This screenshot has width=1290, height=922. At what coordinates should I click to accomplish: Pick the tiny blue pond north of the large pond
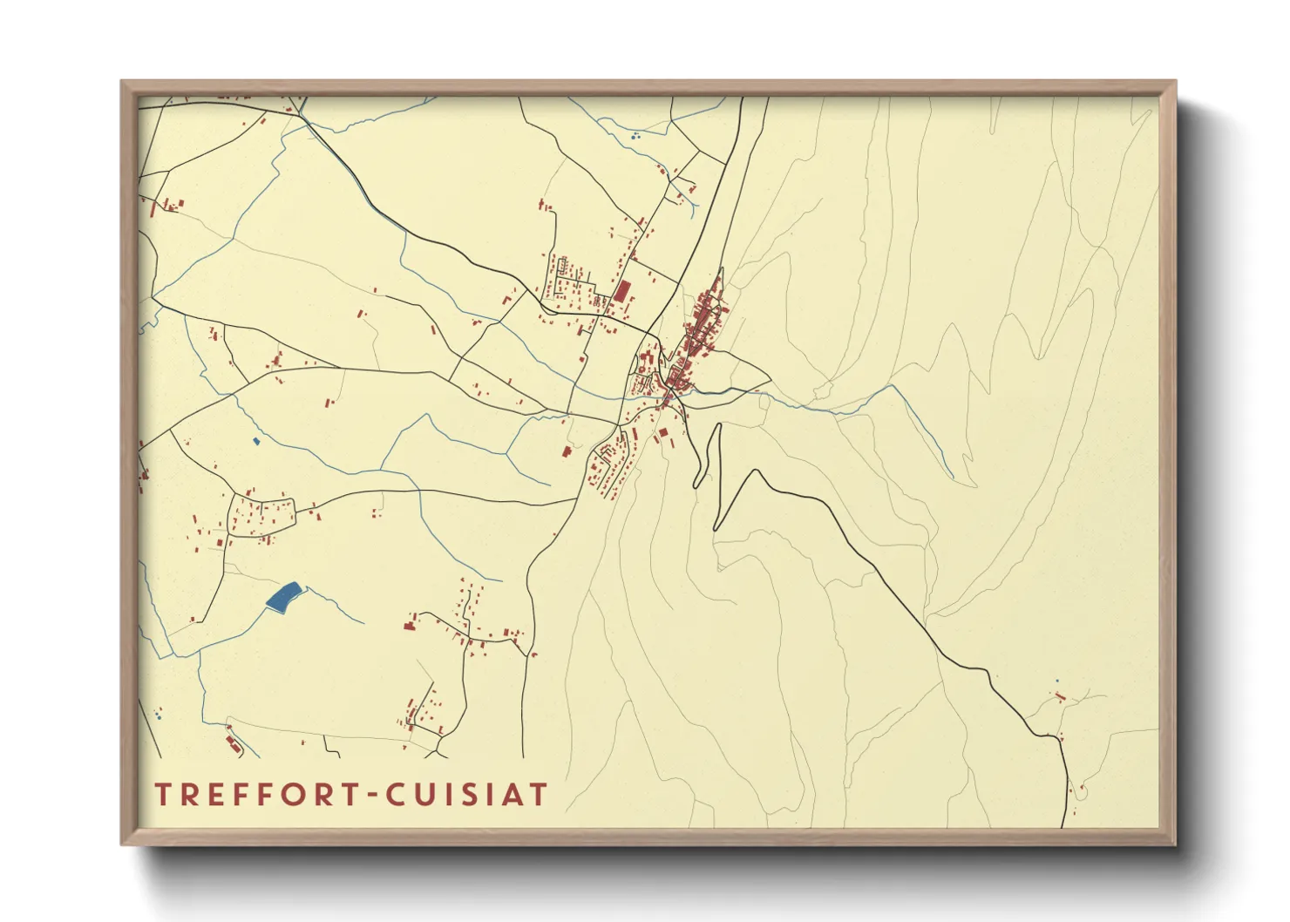(x=256, y=441)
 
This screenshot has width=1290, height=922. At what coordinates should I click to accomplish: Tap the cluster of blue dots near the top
(x=635, y=136)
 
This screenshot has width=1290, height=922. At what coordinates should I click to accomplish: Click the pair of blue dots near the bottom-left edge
(x=158, y=715)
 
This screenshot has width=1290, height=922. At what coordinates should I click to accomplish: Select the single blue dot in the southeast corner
(x=1056, y=681)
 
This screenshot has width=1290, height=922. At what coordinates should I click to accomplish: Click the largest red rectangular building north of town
(x=622, y=290)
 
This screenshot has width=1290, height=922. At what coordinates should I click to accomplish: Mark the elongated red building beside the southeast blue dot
(x=1061, y=696)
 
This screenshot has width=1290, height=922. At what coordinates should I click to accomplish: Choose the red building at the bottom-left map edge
(x=232, y=742)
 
